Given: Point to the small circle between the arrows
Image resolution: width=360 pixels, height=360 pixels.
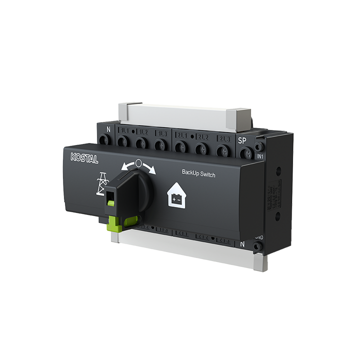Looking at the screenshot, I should (x=138, y=163).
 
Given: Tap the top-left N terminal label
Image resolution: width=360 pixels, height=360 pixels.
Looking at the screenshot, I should (x=108, y=129).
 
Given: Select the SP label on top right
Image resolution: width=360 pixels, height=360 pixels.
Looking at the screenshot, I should (x=242, y=140).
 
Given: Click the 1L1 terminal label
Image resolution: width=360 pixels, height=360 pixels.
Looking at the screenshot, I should (x=123, y=131).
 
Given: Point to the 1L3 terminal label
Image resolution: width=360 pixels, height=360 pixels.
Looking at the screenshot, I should (x=161, y=134).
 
